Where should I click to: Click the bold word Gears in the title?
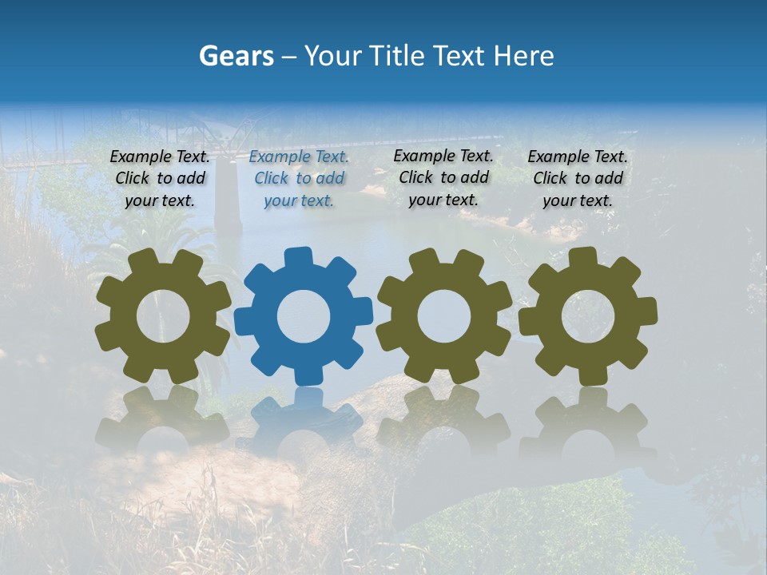(x=236, y=56)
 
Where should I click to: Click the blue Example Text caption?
(x=299, y=179)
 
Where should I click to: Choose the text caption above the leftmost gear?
(x=160, y=179)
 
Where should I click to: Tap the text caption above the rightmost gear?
(x=578, y=179)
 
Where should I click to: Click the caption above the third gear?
(x=443, y=178)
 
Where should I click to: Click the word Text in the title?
(x=461, y=56)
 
